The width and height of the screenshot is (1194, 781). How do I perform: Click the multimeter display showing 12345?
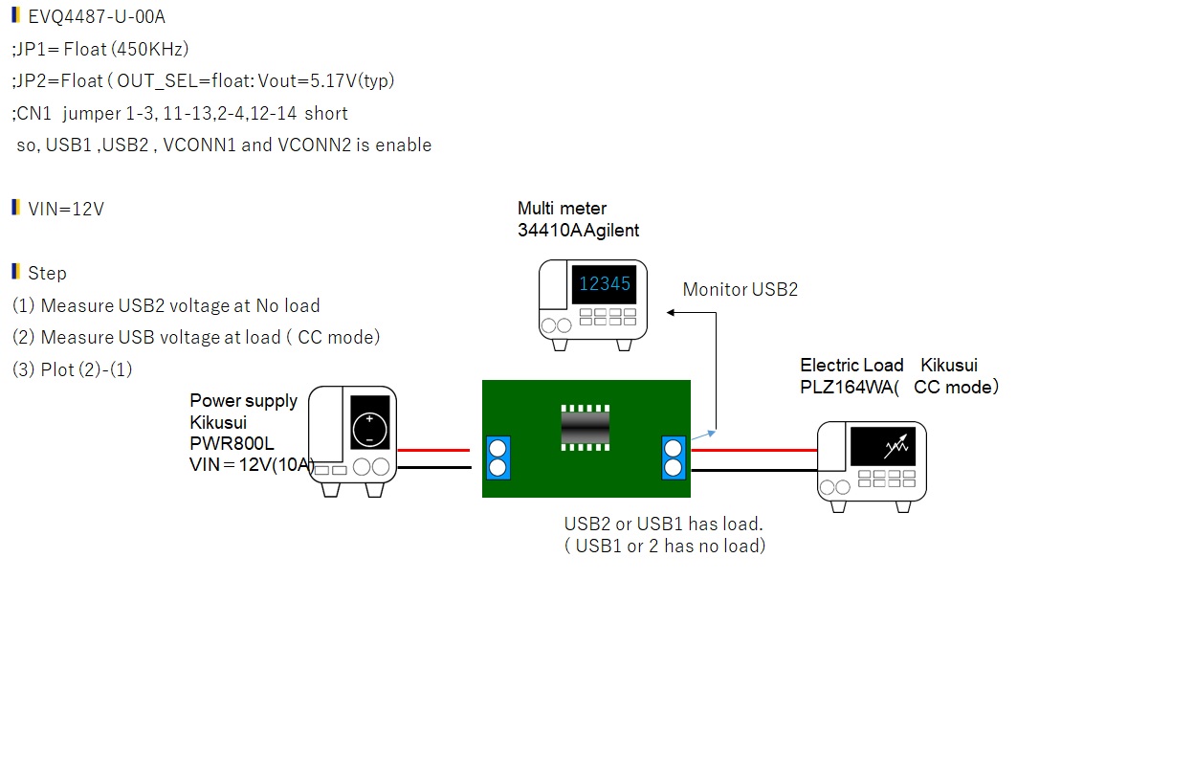pos(605,284)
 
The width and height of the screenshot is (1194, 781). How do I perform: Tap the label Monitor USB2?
pos(740,289)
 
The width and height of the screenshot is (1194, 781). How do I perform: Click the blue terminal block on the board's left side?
pos(497,457)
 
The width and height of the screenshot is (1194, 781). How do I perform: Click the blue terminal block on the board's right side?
pos(674,457)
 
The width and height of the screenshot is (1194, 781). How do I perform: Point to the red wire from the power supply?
pos(433,450)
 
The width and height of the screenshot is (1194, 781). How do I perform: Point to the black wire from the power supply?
pos(433,467)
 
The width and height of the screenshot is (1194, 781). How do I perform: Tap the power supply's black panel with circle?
pos(369,422)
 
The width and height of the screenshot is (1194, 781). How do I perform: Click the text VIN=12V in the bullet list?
pos(66,209)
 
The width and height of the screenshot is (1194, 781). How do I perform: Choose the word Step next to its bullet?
pos(47,273)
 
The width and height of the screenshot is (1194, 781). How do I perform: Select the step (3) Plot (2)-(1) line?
pos(73,369)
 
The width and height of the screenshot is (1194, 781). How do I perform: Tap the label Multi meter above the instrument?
pos(562,208)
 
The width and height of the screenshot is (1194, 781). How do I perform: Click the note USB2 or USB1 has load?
pos(663,524)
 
